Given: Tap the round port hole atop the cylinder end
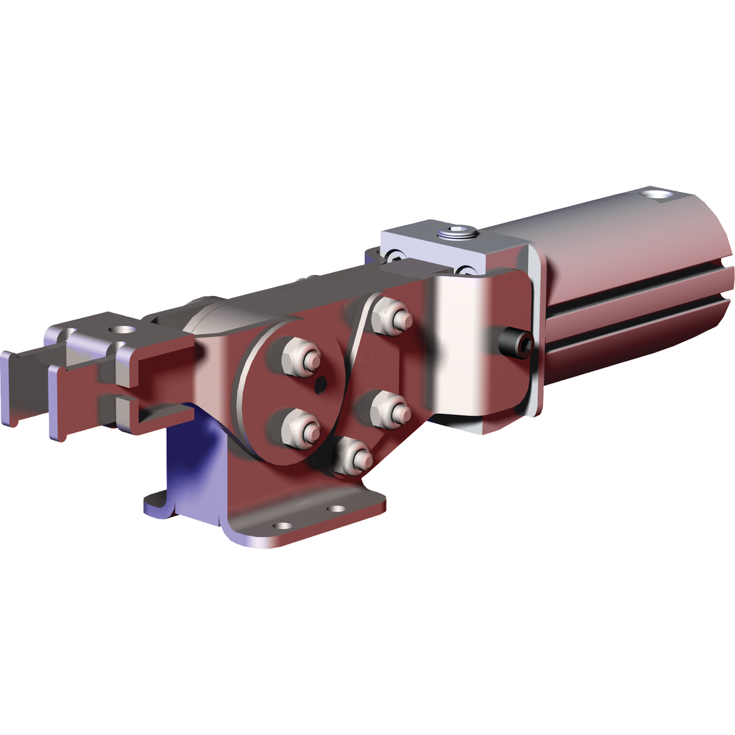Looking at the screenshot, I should (656, 195).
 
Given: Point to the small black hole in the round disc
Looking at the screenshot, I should (322, 385).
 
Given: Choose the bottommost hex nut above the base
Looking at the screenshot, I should (353, 456).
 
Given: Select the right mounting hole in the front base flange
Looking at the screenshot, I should (336, 508).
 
